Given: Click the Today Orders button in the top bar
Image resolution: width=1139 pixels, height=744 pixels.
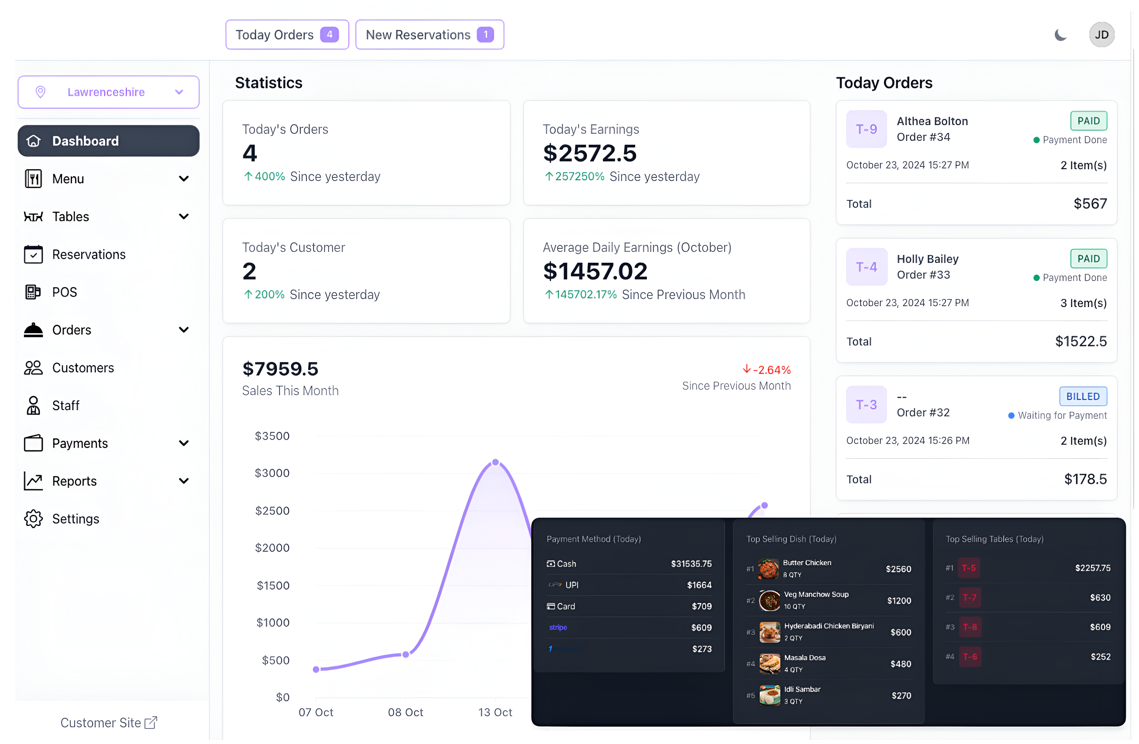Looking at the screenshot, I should [x=287, y=34].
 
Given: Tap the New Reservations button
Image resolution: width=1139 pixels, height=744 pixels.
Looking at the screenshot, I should [x=429, y=34].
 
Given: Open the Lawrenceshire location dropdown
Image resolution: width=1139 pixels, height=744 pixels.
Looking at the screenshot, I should [x=109, y=92].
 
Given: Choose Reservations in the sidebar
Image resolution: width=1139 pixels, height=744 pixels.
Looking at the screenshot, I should [x=89, y=254].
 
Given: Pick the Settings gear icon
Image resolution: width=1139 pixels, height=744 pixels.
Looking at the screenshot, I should [x=34, y=519].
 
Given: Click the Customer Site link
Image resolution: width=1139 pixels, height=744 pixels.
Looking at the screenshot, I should [x=109, y=722].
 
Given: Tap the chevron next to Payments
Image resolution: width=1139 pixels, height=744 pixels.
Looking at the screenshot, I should [x=183, y=443].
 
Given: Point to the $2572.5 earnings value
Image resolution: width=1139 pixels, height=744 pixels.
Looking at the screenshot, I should [x=590, y=153].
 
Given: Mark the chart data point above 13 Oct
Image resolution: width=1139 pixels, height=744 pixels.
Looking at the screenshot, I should [x=495, y=462].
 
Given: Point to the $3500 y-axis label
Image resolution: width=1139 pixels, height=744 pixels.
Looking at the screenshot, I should [x=272, y=436].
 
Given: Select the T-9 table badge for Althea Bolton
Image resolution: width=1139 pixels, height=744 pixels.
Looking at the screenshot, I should [x=866, y=129].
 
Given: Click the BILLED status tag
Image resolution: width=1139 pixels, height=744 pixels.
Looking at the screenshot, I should [x=1082, y=396].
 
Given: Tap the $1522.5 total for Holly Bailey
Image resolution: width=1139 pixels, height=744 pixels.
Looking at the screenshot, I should [x=1081, y=341].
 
